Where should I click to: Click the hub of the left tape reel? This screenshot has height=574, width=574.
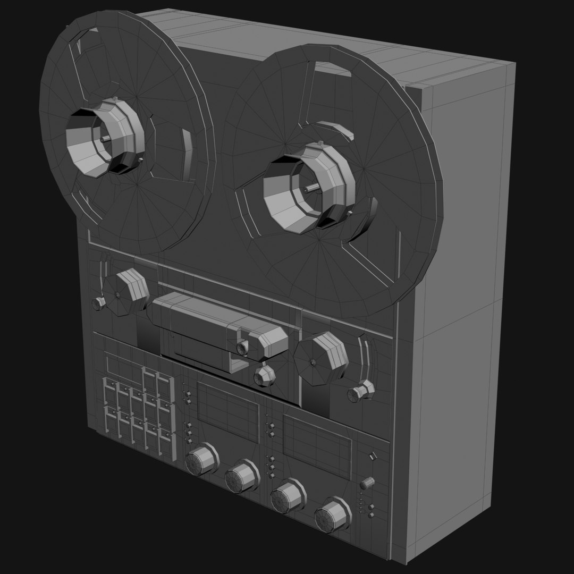[106, 137]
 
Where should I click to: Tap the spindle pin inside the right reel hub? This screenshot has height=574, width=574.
[310, 188]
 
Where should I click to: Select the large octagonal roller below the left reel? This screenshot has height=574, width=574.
[131, 291]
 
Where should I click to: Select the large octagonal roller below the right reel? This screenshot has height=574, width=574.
[321, 359]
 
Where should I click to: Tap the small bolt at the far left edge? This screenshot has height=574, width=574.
[99, 303]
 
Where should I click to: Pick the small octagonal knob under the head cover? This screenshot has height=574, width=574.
[265, 376]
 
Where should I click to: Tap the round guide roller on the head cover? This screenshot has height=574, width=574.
[243, 348]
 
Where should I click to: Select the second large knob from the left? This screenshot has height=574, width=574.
[241, 476]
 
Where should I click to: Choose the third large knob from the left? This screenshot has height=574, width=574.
[287, 495]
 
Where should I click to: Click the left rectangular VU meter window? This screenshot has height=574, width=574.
[227, 405]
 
